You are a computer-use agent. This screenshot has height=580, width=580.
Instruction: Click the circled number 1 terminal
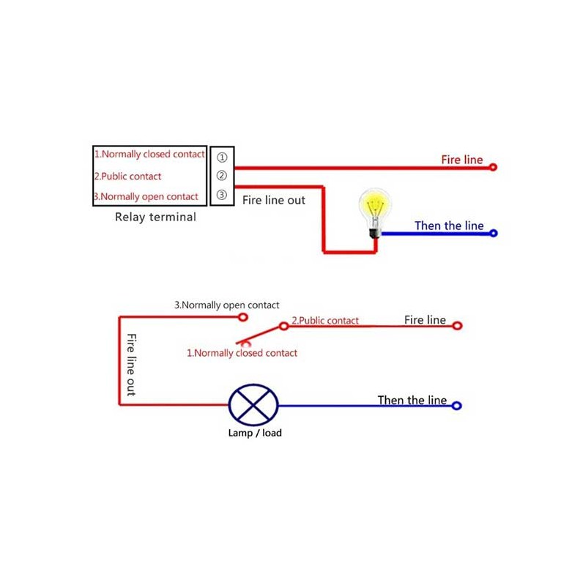(x=222, y=157)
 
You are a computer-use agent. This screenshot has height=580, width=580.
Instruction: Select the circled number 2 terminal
(x=222, y=176)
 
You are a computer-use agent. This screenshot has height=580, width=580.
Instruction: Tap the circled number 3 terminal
(x=222, y=196)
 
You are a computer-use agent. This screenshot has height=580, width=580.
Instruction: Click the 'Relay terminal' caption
(x=155, y=217)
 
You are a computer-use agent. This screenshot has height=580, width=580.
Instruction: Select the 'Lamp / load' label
(x=254, y=433)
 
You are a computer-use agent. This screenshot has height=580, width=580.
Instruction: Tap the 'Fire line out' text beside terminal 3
(x=274, y=200)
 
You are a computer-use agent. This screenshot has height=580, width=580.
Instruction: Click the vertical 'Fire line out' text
(x=131, y=365)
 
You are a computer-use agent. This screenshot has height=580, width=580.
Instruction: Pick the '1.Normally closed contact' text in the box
(x=149, y=155)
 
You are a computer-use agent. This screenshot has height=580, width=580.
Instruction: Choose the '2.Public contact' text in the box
(x=127, y=176)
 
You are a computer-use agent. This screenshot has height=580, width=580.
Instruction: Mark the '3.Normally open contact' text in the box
(x=146, y=196)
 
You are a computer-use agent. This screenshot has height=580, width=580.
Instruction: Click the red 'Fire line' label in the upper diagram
(x=461, y=159)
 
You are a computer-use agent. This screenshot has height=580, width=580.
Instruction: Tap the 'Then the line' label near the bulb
(x=449, y=226)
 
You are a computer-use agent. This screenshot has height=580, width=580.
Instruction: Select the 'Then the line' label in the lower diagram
(x=412, y=400)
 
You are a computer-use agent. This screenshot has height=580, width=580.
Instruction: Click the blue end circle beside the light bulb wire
(x=494, y=234)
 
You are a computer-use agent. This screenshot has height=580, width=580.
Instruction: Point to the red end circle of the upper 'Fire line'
(x=494, y=167)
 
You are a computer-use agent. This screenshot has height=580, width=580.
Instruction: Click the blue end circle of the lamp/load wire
(x=457, y=406)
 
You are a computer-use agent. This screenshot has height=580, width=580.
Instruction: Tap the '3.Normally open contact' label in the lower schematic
(x=226, y=305)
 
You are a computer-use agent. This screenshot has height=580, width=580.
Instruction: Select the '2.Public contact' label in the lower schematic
(x=325, y=320)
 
